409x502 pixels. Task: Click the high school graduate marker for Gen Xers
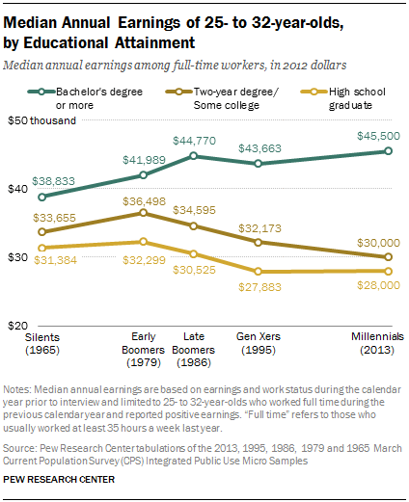256,272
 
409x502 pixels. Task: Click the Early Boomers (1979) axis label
143,343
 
